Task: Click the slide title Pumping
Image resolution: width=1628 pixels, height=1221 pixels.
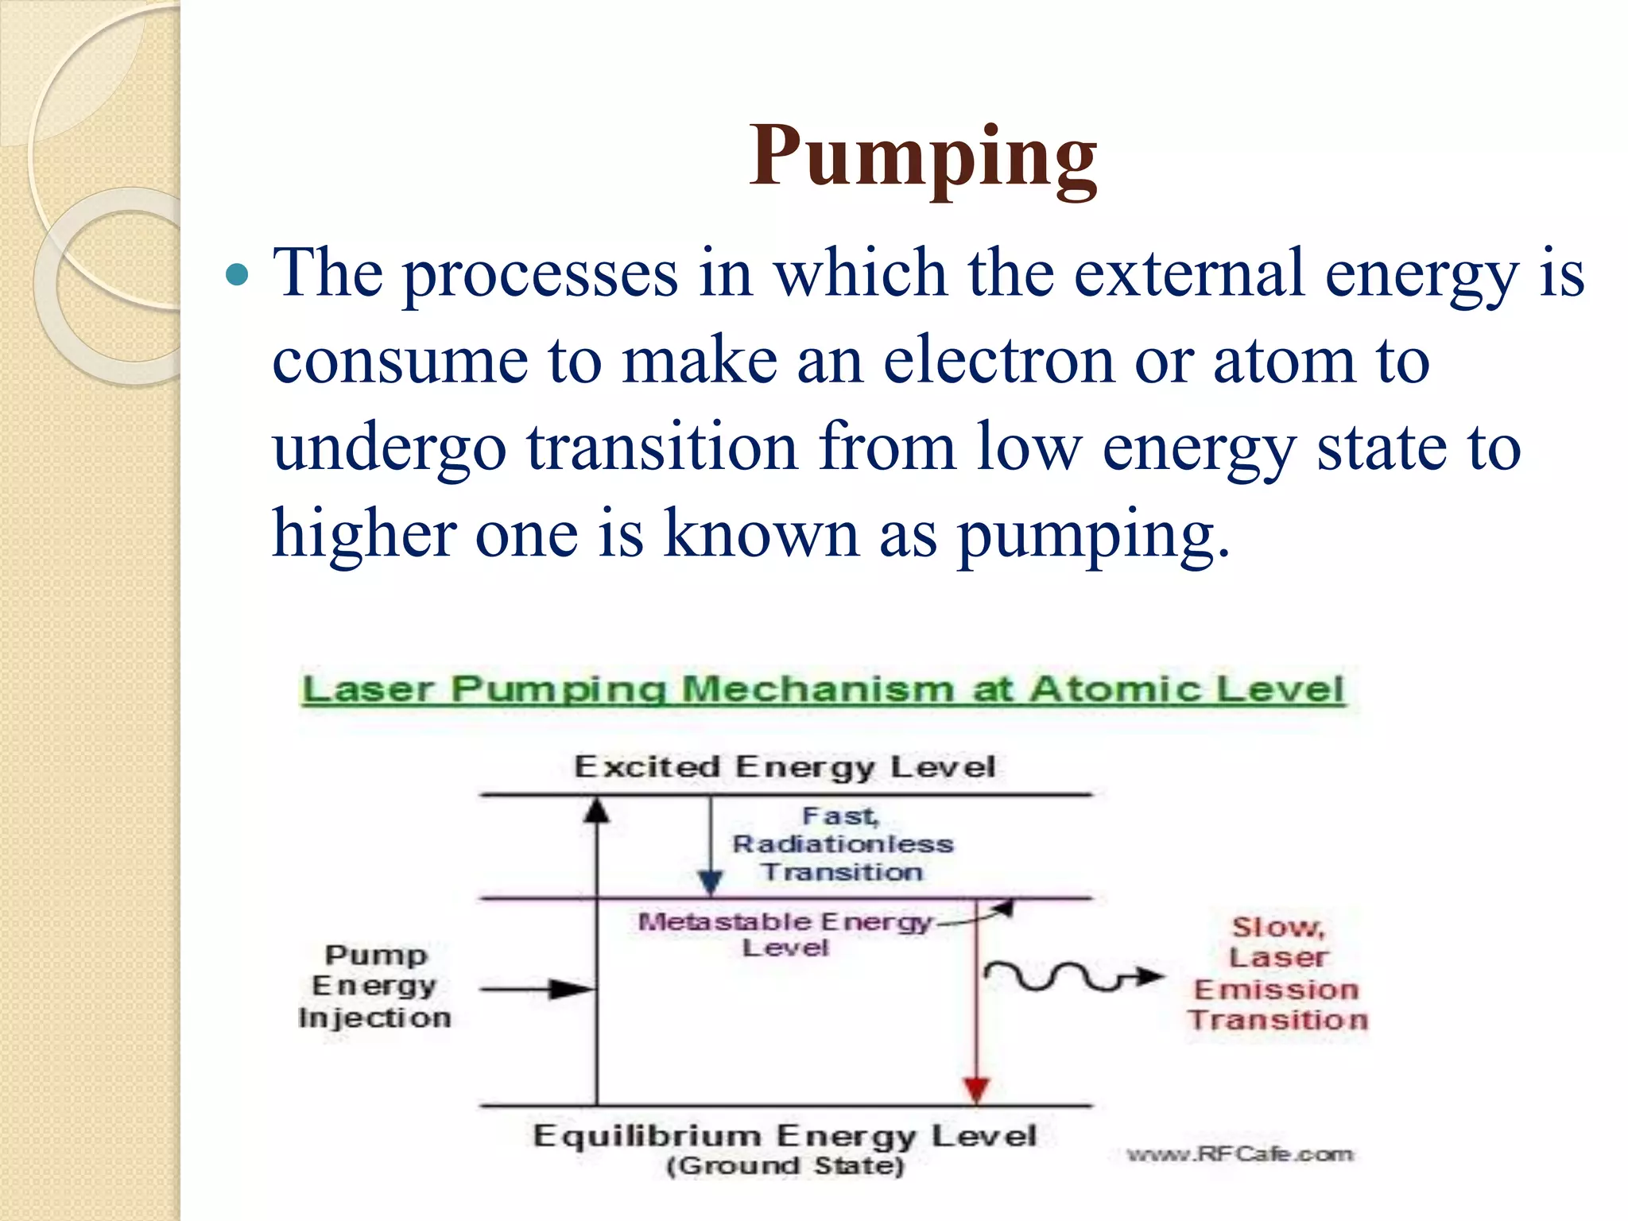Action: pyautogui.click(x=923, y=157)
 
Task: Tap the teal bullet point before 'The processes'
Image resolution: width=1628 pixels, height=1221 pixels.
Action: pyautogui.click(x=237, y=276)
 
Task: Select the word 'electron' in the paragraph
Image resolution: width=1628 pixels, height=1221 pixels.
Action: pyautogui.click(x=999, y=361)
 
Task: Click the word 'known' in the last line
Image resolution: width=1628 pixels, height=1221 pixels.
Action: pyautogui.click(x=762, y=534)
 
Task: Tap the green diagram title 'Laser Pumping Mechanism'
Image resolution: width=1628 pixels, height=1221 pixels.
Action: pyautogui.click(x=823, y=689)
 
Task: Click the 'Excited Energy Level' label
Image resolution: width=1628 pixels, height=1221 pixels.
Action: pyautogui.click(x=785, y=767)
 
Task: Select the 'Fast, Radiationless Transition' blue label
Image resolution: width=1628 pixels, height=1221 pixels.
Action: pyautogui.click(x=842, y=844)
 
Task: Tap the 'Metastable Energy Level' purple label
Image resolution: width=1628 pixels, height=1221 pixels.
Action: pyautogui.click(x=785, y=934)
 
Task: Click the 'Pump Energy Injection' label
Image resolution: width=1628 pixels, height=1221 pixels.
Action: pyautogui.click(x=374, y=986)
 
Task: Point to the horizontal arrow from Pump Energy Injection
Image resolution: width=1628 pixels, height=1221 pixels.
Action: pyautogui.click(x=537, y=990)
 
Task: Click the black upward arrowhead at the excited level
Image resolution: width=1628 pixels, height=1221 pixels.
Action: pyautogui.click(x=597, y=811)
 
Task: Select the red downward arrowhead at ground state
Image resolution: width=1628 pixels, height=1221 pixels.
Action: pyautogui.click(x=976, y=1089)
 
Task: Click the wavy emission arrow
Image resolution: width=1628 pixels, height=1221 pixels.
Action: pyautogui.click(x=1069, y=977)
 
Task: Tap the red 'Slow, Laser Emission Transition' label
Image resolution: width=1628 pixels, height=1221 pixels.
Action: pyautogui.click(x=1277, y=974)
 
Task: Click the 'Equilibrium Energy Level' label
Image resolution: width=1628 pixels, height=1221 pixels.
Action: pyautogui.click(x=785, y=1136)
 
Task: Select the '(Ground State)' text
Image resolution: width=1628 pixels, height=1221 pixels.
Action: pyautogui.click(x=785, y=1166)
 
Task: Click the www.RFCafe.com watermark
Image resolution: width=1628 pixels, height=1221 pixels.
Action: pyautogui.click(x=1239, y=1154)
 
